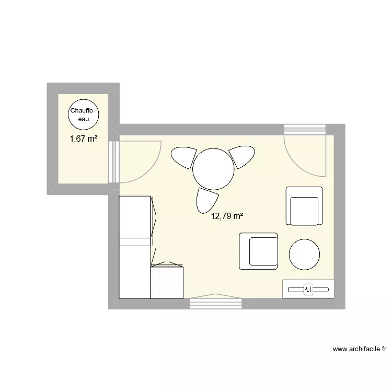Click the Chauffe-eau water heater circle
click(x=84, y=114)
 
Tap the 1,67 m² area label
click(x=84, y=139)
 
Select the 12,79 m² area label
click(x=227, y=215)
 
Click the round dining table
click(x=213, y=169)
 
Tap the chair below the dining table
click(x=207, y=200)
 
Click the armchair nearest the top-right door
click(x=304, y=205)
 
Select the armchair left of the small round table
click(x=259, y=251)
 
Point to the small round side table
click(x=304, y=255)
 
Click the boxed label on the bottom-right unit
click(x=308, y=289)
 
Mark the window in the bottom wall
click(x=216, y=303)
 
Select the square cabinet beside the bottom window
click(x=167, y=282)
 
